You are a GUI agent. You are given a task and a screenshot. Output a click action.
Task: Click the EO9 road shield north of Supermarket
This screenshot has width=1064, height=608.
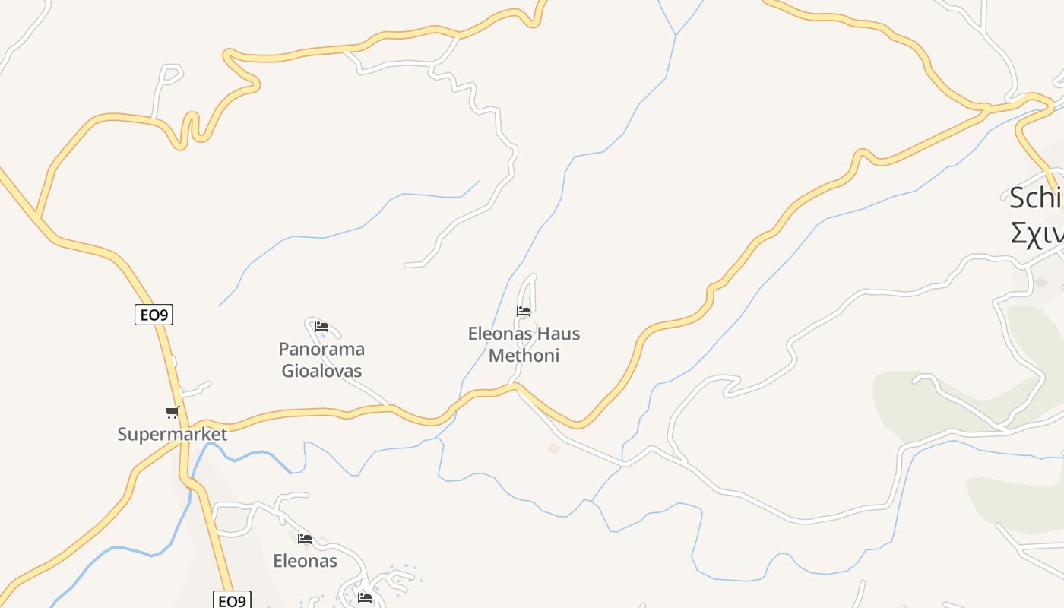pyautogui.click(x=154, y=314)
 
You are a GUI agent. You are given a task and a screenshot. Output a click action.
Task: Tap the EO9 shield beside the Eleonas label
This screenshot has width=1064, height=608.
pyautogui.click(x=231, y=600)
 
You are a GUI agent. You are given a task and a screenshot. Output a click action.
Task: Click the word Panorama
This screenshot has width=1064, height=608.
pyautogui.click(x=321, y=350)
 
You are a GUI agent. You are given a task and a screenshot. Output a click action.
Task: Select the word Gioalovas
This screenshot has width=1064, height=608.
pyautogui.click(x=321, y=371)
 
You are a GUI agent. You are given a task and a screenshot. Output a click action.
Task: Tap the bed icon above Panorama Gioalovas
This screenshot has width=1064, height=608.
pyautogui.click(x=321, y=327)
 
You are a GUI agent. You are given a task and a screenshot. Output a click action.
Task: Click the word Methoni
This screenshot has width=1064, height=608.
pyautogui.click(x=524, y=355)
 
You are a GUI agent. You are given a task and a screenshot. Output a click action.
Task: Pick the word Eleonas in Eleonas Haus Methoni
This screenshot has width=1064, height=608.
pyautogui.click(x=501, y=334)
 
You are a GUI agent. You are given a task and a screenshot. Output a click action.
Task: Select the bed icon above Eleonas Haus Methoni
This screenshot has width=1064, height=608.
pyautogui.click(x=524, y=312)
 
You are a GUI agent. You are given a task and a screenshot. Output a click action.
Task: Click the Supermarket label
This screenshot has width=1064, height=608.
pyautogui.click(x=173, y=435)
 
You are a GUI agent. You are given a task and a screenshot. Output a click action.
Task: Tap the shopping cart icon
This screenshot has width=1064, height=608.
pyautogui.click(x=173, y=413)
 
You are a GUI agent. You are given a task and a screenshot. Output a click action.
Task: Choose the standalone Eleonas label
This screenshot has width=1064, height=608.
pyautogui.click(x=305, y=561)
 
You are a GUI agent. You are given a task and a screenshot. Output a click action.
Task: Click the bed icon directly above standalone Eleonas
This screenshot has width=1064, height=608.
pyautogui.click(x=305, y=539)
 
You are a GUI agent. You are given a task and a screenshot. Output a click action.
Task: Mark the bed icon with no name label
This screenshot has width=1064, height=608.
pyautogui.click(x=365, y=598)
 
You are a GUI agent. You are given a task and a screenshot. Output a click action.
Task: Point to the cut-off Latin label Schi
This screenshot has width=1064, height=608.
pyautogui.click(x=1036, y=198)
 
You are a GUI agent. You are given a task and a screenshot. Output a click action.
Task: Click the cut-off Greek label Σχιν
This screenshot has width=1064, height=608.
pyautogui.click(x=1037, y=233)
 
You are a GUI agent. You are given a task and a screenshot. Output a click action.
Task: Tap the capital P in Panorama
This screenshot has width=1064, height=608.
pyautogui.click(x=284, y=350)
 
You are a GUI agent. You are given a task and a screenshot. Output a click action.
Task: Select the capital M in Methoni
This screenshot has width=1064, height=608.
pyautogui.click(x=496, y=355)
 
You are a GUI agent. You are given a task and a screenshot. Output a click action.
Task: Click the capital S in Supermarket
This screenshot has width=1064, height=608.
pyautogui.click(x=122, y=435)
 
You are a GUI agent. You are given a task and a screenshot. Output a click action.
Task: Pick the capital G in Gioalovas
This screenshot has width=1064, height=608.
pyautogui.click(x=288, y=371)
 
